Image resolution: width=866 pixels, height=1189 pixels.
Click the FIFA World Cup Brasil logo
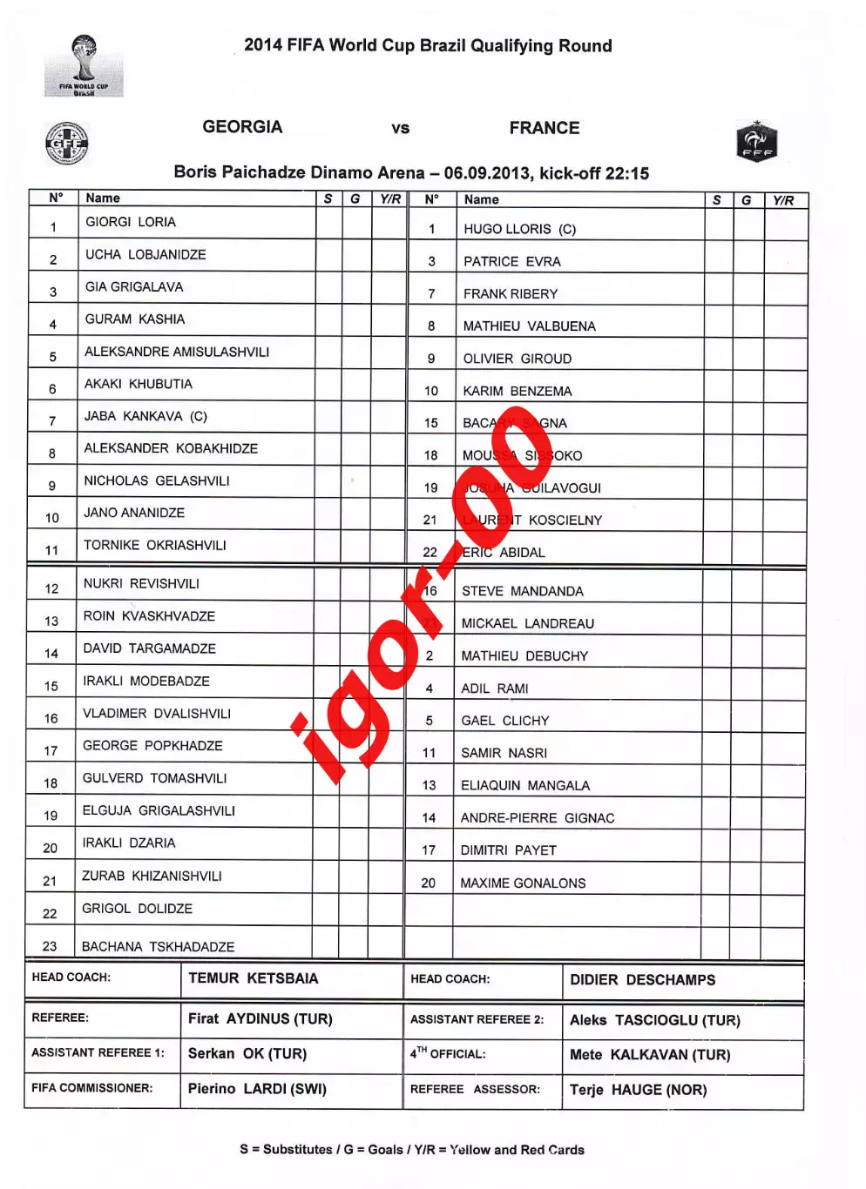click(84, 66)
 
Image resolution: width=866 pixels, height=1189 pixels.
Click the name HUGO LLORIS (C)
click(519, 229)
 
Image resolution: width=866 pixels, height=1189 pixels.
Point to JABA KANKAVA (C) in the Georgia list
click(145, 416)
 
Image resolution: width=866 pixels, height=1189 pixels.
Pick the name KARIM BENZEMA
click(518, 391)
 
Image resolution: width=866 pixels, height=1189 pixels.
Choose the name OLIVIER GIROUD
click(518, 359)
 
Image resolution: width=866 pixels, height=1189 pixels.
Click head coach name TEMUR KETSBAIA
click(254, 978)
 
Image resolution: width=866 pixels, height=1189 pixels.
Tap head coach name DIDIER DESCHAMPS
click(642, 980)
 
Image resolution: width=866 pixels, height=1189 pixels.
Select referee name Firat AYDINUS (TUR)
click(260, 1018)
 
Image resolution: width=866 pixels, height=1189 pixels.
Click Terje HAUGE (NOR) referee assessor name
click(638, 1090)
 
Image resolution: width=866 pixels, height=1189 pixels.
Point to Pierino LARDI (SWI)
click(257, 1089)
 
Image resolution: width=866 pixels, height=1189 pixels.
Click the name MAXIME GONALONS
click(523, 883)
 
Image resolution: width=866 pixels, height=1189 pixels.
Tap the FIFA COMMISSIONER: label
click(91, 1088)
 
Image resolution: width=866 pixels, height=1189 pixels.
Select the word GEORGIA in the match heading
click(242, 127)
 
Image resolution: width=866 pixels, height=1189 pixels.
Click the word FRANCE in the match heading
click(544, 128)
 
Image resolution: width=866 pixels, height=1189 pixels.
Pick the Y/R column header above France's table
click(783, 200)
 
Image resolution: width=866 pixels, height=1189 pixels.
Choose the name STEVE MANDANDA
click(522, 591)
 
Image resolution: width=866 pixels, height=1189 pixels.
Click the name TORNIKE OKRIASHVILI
click(154, 545)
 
